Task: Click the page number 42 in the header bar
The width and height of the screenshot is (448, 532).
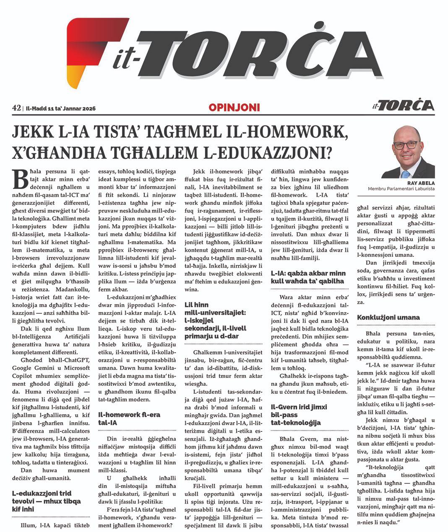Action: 17,108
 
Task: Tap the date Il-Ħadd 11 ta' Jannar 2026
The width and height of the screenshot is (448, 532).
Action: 61,108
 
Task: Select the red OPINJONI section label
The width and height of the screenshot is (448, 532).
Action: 234,108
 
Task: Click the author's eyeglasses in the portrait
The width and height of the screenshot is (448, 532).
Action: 406,145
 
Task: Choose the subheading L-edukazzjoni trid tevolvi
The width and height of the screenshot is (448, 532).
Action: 46,501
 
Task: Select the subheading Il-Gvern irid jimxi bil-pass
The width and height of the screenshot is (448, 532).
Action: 299,415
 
